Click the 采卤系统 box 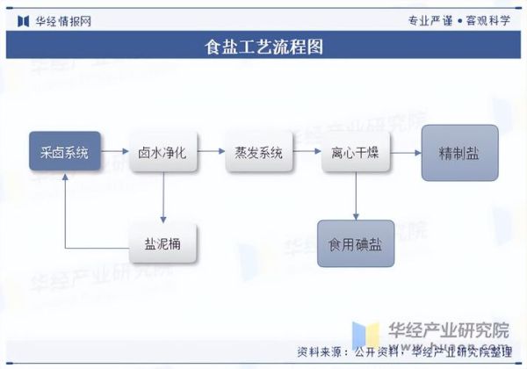pos(65,152)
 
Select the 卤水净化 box pos(162,152)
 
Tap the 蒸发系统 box pos(258,152)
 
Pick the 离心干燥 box pos(355,152)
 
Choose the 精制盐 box pos(459,153)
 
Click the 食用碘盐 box pos(356,243)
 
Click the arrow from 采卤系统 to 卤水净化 pos(114,152)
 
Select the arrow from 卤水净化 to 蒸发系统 pos(211,152)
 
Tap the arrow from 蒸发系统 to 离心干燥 pos(306,152)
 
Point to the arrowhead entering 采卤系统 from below pos(65,177)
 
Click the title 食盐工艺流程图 pos(263,47)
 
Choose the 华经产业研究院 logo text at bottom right pos(448,331)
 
